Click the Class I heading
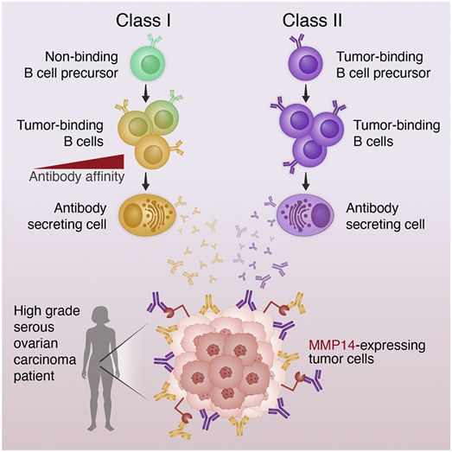[x=143, y=21]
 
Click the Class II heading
[x=312, y=21]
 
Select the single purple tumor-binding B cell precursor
[x=306, y=63]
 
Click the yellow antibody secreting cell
[x=147, y=214]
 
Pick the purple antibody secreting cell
[x=306, y=214]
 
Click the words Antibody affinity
[x=77, y=176]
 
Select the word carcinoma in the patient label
[x=45, y=360]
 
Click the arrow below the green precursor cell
[x=146, y=92]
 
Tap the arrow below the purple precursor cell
[x=306, y=92]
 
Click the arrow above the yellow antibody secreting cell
[x=146, y=181]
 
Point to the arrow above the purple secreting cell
[x=306, y=181]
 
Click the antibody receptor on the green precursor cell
[x=154, y=41]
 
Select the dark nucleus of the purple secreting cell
[x=320, y=215]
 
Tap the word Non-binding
[x=81, y=57]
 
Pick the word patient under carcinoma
[x=34, y=377]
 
